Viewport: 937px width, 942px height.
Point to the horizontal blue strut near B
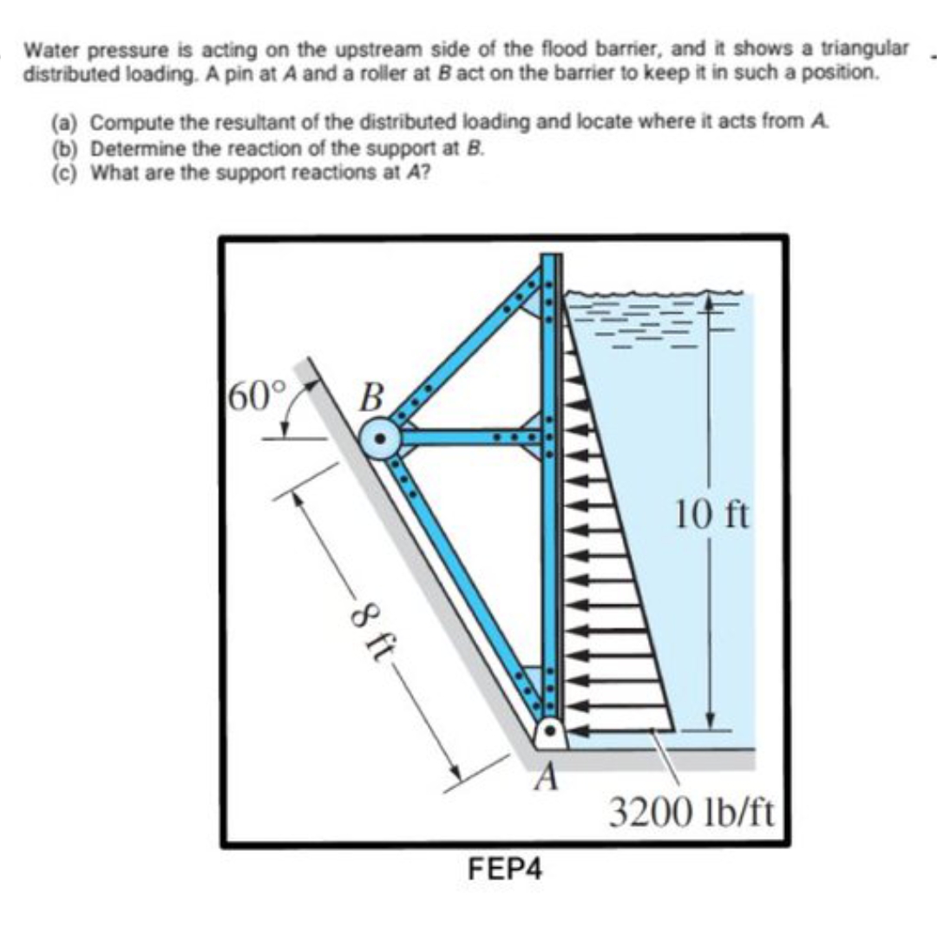coord(473,436)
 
